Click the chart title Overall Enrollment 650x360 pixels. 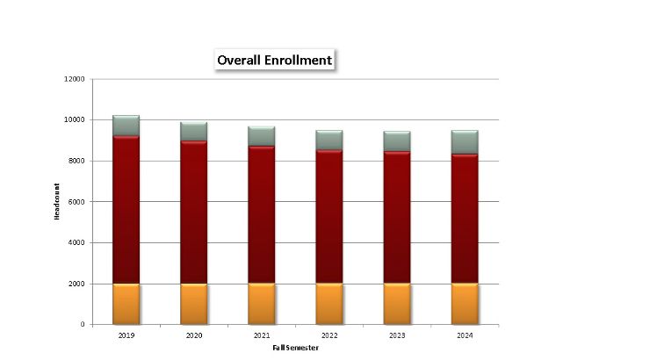pyautogui.click(x=274, y=61)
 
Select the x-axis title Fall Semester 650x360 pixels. pyautogui.click(x=295, y=349)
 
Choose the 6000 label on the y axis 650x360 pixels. pyautogui.click(x=76, y=202)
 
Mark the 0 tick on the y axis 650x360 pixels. pyautogui.click(x=83, y=325)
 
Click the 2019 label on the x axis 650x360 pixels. pyautogui.click(x=126, y=335)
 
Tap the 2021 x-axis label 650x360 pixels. pyautogui.click(x=261, y=335)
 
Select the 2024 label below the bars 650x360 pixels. pyautogui.click(x=464, y=335)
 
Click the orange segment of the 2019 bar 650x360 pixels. pyautogui.click(x=126, y=304)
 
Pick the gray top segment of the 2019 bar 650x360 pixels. pyautogui.click(x=126, y=126)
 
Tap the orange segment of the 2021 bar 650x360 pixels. pyautogui.click(x=261, y=304)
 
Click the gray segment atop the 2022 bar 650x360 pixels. pyautogui.click(x=329, y=140)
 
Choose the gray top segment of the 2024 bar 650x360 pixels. pyautogui.click(x=464, y=142)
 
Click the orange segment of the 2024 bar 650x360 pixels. pyautogui.click(x=464, y=304)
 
